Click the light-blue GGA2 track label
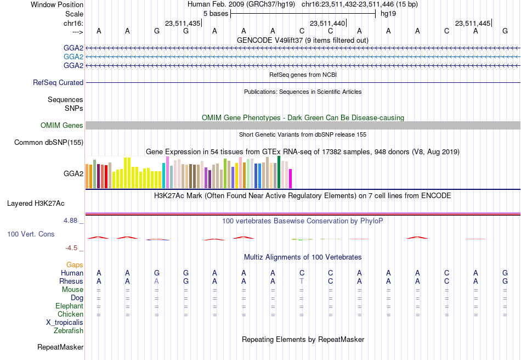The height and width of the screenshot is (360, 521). coord(73,57)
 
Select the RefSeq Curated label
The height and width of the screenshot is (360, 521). coord(58,82)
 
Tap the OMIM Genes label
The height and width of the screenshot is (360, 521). coord(62,125)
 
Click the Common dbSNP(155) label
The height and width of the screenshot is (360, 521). coord(49,142)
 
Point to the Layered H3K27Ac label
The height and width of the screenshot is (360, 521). coord(36,204)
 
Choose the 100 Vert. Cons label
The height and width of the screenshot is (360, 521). coord(31,234)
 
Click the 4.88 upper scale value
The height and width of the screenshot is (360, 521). coord(70,221)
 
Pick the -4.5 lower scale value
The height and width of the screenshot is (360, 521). coord(71,248)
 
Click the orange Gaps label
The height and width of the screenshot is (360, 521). coord(75,265)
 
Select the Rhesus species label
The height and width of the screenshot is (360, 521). coord(71,281)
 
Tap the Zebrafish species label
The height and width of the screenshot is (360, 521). coord(69,330)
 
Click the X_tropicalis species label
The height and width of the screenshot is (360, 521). coord(65,323)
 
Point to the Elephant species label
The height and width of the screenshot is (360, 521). coord(70,306)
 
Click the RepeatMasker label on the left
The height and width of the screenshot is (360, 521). coord(60,347)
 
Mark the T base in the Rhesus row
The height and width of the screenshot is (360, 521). coord(302,281)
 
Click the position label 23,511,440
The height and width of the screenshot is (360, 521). coord(327,23)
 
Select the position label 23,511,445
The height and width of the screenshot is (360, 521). coord(473,23)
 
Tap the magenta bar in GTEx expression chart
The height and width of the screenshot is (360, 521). coord(291,179)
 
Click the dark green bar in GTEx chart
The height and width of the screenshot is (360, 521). coord(279,172)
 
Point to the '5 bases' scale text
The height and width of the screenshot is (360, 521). coord(216,14)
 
